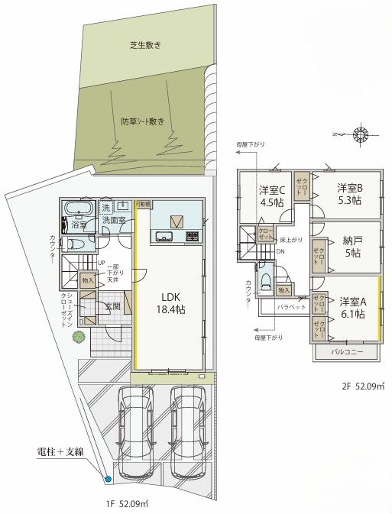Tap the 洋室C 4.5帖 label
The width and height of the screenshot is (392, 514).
tap(271, 196)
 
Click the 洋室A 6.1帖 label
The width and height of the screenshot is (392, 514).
tap(352, 307)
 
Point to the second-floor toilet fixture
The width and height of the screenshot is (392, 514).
tap(265, 282)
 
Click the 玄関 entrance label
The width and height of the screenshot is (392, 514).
tap(112, 306)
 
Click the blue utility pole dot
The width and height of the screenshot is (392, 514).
tap(108, 479)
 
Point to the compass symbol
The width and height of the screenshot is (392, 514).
tap(358, 136)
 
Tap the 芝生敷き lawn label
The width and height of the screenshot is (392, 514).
tap(144, 46)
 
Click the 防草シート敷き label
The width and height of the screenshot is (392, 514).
tap(142, 121)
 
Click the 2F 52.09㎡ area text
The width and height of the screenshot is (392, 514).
tap(362, 386)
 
